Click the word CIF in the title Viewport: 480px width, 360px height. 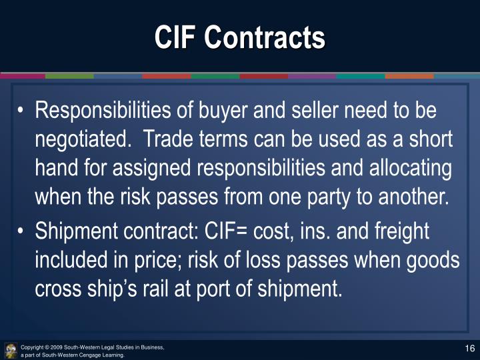175,37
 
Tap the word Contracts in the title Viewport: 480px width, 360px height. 265,37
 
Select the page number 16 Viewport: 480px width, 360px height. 469,349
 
